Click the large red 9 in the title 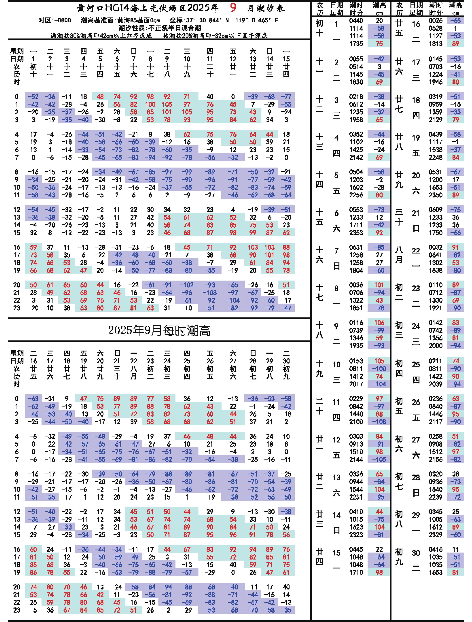(x=233, y=8)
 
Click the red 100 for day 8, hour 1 (x=150, y=104)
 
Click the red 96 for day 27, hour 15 (x=233, y=535)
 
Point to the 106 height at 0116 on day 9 (x=379, y=323)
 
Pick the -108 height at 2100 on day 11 (x=379, y=422)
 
